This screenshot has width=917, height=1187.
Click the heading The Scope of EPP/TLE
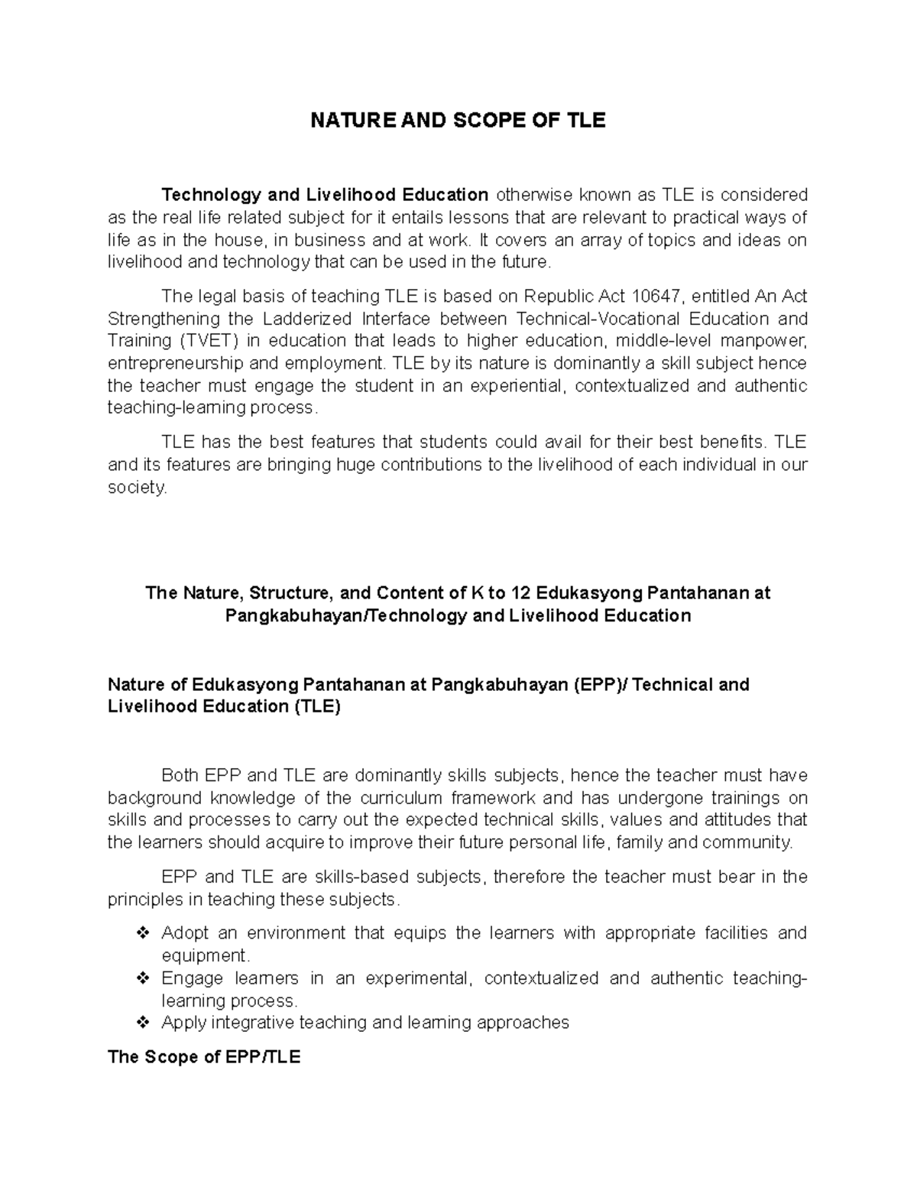click(204, 1057)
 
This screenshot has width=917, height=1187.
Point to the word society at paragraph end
click(136, 487)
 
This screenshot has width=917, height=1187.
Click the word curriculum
click(402, 798)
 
